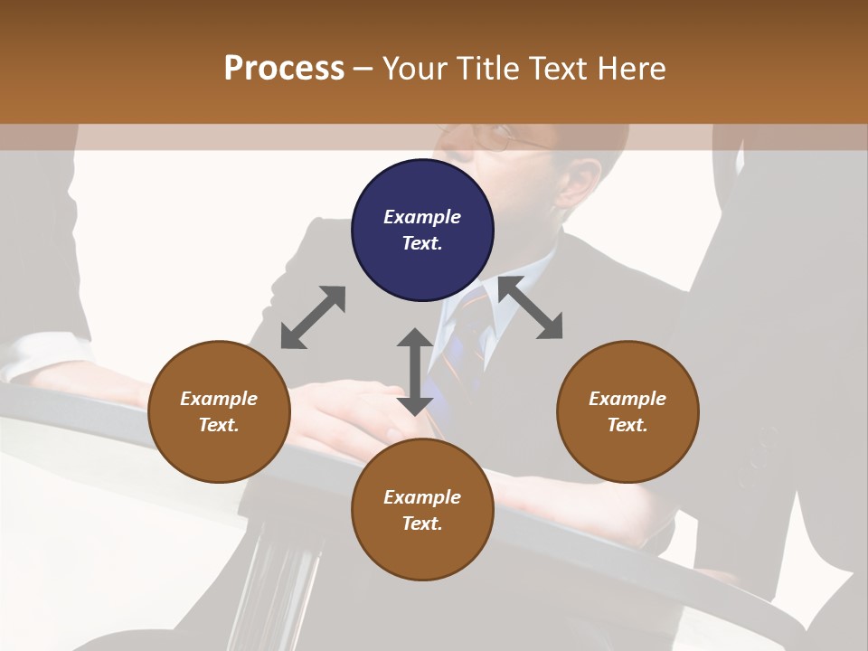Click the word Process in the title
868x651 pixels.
284,69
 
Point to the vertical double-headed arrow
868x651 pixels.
415,372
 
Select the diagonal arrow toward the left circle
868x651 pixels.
313,317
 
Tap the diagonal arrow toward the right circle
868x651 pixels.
531,308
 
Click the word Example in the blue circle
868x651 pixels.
422,217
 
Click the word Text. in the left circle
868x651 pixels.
219,425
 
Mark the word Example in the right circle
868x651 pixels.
627,399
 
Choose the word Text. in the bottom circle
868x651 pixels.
422,524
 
